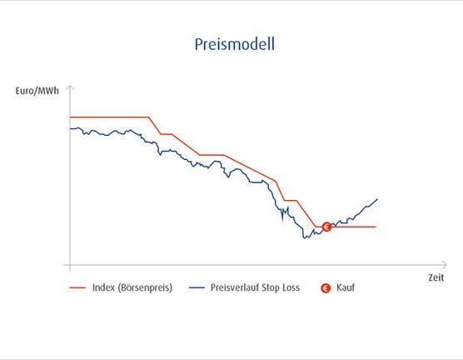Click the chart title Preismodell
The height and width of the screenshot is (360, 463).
point(235,44)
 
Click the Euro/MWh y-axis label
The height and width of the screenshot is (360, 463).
point(37,91)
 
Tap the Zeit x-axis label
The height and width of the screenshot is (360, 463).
point(436,277)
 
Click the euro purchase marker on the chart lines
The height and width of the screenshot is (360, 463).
point(326,227)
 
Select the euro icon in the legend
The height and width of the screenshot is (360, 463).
point(326,287)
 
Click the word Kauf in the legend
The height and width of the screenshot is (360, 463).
point(346,287)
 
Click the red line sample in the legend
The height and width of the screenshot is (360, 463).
point(77,287)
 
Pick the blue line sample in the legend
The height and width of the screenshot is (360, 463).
point(197,287)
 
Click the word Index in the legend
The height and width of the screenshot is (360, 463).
point(103,287)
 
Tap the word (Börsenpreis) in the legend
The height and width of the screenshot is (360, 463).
point(145,287)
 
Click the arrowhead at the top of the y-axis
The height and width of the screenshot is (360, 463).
point(70,87)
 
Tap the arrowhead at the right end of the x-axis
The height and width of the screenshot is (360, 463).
point(446,265)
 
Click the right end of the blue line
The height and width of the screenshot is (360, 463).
point(378,199)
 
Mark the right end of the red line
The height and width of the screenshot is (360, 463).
point(376,227)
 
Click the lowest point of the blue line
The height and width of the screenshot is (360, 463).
point(304,238)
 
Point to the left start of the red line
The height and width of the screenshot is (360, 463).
point(70,117)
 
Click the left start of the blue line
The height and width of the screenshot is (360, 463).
point(70,128)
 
